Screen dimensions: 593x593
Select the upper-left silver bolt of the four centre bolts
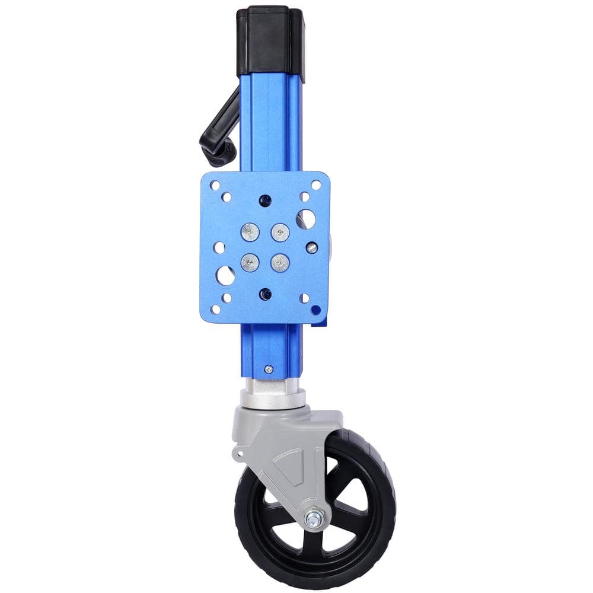(250, 232)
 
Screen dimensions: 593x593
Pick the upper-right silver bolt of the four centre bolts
(280, 232)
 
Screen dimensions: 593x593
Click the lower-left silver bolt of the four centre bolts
(250, 262)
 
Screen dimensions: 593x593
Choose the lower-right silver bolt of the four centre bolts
(280, 262)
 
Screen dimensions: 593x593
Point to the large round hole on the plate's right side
(306, 219)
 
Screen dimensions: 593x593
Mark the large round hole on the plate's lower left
(225, 275)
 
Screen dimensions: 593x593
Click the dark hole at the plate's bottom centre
(265, 293)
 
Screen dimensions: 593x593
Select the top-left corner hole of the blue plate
(215, 185)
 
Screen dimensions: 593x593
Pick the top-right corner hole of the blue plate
(316, 185)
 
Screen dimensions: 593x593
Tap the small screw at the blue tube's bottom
(269, 369)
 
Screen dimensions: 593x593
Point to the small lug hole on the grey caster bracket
(240, 455)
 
